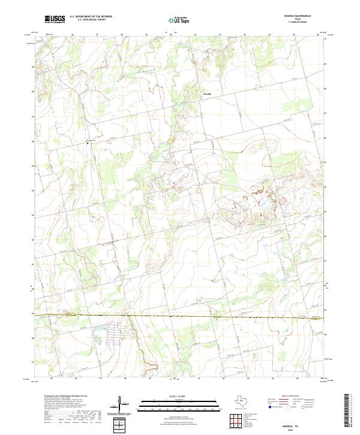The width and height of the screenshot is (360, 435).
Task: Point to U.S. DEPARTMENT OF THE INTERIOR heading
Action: pyautogui.click(x=91, y=17)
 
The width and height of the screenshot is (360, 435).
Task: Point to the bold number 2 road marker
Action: pyautogui.click(x=88, y=143)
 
